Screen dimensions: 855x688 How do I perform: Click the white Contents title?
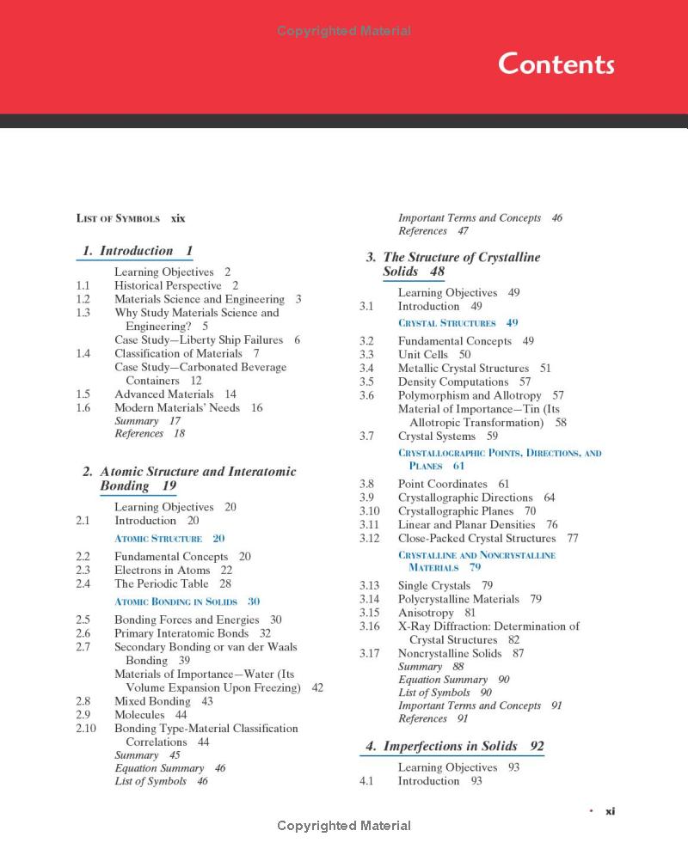pos(556,64)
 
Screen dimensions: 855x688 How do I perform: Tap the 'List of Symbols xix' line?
pos(131,218)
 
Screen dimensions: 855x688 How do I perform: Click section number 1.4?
pos(83,353)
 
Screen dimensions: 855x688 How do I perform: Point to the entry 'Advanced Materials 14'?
pos(175,394)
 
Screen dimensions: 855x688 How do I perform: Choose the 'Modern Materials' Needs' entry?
pos(188,408)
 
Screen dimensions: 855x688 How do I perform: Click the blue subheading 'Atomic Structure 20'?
pos(169,539)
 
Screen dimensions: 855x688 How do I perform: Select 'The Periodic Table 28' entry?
pos(173,583)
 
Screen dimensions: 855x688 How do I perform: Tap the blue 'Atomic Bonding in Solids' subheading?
pos(187,602)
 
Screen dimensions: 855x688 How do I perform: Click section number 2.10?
pos(85,729)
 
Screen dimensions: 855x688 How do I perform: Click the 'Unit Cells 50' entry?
pos(434,354)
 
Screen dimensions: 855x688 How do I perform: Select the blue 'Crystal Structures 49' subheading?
pos(458,323)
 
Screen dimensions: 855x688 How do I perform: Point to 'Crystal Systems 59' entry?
pos(447,437)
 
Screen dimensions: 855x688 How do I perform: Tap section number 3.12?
pos(369,539)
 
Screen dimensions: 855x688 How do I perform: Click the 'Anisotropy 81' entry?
pos(436,613)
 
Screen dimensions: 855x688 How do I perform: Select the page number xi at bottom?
pos(610,810)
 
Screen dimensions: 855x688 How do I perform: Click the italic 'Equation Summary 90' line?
pos(453,680)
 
